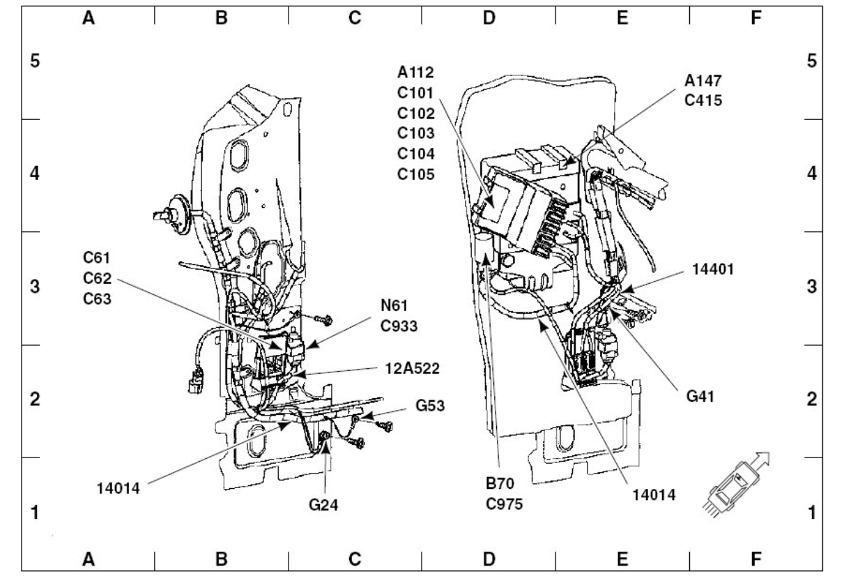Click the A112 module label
click(x=416, y=73)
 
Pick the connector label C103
click(x=416, y=133)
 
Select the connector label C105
click(x=416, y=174)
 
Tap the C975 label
click(x=504, y=501)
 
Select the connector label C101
click(x=416, y=93)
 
